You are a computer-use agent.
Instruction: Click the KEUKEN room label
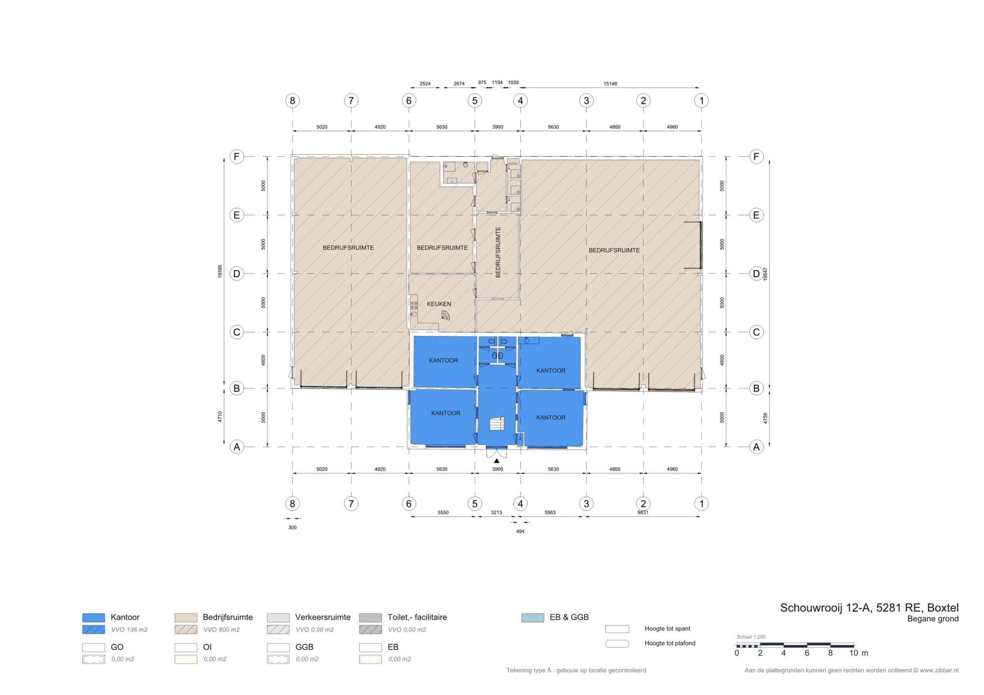point(439,304)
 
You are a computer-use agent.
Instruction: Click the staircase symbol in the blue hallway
point(497,424)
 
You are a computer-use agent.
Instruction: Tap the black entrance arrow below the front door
point(496,461)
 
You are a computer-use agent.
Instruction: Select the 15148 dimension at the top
point(610,83)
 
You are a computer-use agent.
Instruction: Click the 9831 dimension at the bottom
point(643,512)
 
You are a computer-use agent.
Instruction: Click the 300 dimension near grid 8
point(292,527)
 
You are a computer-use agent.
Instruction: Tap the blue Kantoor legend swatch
point(93,617)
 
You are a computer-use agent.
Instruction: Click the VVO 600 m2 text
point(221,629)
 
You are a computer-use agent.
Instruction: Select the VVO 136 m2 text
point(130,629)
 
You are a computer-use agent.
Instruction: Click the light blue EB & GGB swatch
point(533,617)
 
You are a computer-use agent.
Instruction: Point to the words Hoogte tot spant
point(667,629)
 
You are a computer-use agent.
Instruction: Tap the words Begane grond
point(933,619)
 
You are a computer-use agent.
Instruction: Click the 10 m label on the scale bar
point(859,653)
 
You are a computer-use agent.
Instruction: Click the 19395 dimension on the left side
point(220,271)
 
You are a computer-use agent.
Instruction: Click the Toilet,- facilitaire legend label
point(417,617)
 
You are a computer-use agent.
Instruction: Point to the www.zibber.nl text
point(939,670)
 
